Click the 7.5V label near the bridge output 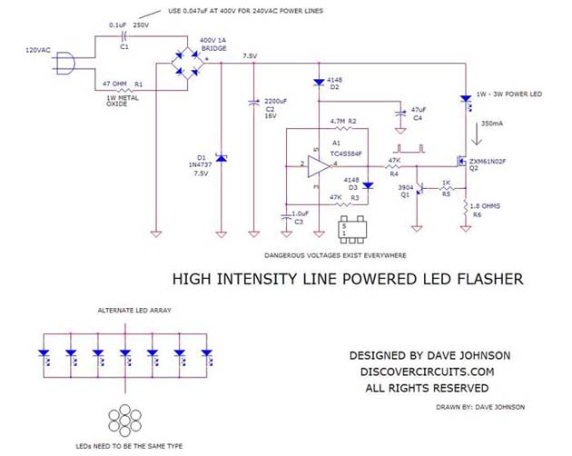coord(250,56)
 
